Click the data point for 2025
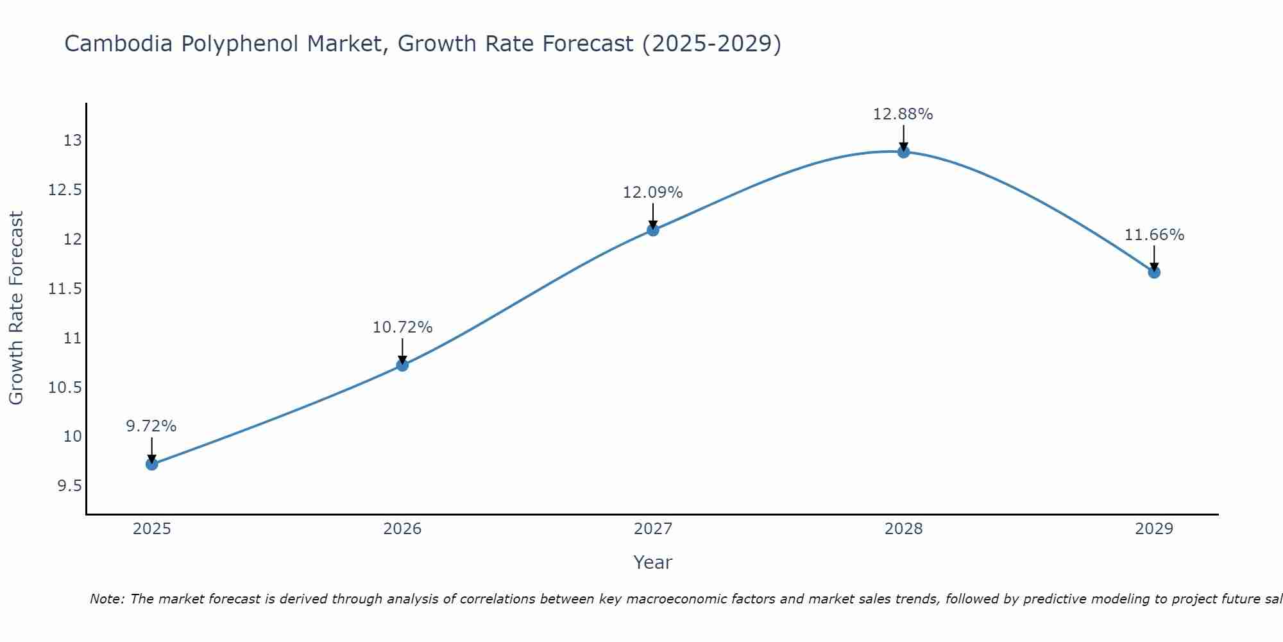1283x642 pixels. [x=152, y=464]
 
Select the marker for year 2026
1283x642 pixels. [x=402, y=365]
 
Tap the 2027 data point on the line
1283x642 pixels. [x=653, y=230]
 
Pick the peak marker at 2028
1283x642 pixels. [x=903, y=152]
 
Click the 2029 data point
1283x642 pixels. [x=1154, y=272]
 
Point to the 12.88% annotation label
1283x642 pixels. [x=903, y=114]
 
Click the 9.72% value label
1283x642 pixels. [x=151, y=426]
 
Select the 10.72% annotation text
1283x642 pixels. [x=402, y=327]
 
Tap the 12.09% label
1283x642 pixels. [x=652, y=193]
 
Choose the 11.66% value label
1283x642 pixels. [x=1154, y=235]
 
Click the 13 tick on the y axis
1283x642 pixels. [x=72, y=141]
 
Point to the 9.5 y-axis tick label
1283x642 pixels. [x=69, y=486]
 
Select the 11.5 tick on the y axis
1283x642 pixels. [x=65, y=289]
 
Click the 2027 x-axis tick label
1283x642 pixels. [x=653, y=529]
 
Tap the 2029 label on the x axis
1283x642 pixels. [x=1154, y=529]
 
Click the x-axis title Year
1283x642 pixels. [x=652, y=562]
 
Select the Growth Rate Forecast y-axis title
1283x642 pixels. [x=17, y=308]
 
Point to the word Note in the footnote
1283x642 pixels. [x=106, y=599]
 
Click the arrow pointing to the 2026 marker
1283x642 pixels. [x=402, y=350]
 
